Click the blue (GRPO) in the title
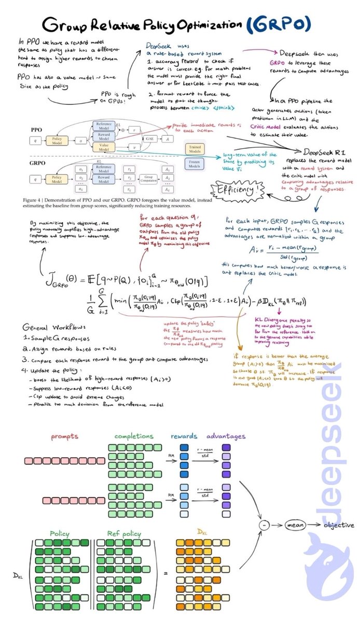285,24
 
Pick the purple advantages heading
226,436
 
